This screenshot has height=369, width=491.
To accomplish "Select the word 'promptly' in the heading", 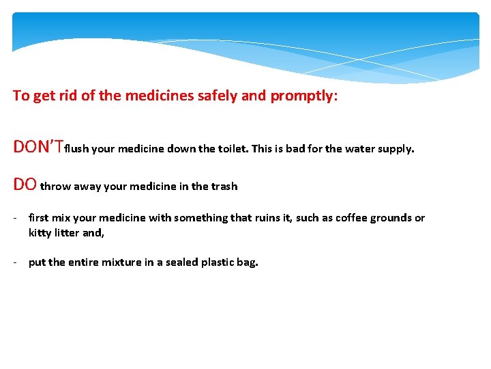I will [303, 96].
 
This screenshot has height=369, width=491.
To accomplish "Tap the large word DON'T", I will [38, 148].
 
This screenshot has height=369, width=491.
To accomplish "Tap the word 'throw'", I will [55, 186].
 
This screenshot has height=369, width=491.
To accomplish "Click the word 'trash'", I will [224, 186].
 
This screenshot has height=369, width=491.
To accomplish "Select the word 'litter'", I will [69, 233].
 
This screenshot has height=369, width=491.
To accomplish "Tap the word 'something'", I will [200, 218].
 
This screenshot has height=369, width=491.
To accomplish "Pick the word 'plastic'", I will [218, 262].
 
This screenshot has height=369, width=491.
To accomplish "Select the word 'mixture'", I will [123, 262].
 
